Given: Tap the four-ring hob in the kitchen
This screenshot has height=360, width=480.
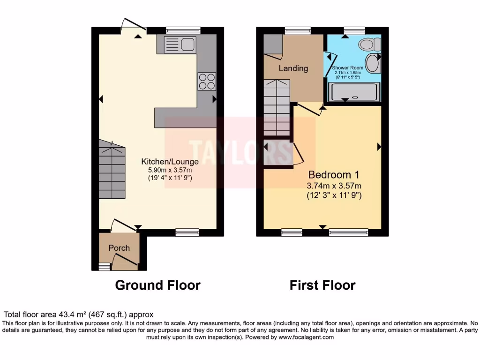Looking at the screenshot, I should point(206,82).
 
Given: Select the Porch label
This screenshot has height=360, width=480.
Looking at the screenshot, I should point(119,247).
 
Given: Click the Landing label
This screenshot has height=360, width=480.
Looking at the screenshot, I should point(293,68).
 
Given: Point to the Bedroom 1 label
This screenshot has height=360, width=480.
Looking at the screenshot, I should point(333,175).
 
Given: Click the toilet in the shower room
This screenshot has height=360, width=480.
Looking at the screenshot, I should point(369,45).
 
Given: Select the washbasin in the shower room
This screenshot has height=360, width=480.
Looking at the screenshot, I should point(373,63).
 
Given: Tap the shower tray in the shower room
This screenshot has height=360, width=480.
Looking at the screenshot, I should point(355,92).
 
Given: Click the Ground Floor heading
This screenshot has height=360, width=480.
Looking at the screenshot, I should point(157,285).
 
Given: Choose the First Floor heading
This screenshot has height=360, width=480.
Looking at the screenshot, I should point(322,285).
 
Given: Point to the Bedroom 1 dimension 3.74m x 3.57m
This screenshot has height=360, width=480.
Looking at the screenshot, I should point(334,186).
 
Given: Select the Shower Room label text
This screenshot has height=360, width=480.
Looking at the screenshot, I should point(347,68).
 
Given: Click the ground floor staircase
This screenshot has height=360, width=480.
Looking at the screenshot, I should point(112,172).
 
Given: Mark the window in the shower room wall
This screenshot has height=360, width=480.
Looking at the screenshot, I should point(354,31).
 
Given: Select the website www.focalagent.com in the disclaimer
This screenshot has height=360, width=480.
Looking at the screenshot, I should point(306,337).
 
